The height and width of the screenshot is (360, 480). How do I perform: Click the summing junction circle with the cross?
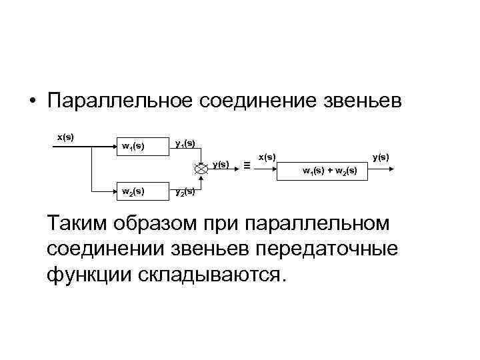click(x=201, y=168)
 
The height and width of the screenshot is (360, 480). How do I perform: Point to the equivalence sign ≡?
click(x=245, y=163)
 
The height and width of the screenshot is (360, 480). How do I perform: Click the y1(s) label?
click(x=185, y=143)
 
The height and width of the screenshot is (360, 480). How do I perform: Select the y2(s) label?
click(x=185, y=192)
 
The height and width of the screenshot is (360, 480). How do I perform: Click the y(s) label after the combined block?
click(x=380, y=157)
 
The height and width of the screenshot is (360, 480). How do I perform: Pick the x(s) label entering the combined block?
click(x=267, y=156)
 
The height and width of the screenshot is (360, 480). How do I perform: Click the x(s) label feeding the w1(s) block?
click(x=65, y=137)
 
